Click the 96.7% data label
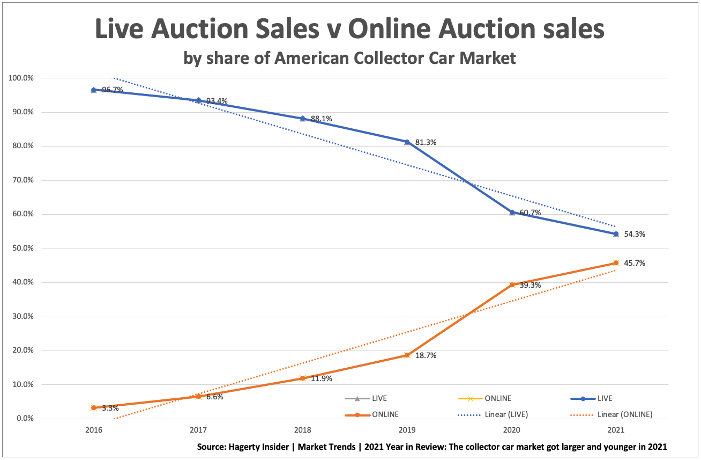[113, 90]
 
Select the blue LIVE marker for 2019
[407, 142]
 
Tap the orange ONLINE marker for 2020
[512, 284]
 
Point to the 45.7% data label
[635, 264]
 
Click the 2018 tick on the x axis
[302, 430]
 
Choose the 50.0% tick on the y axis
[22, 249]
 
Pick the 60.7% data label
[530, 213]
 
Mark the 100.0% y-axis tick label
[20, 78]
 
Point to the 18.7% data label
[426, 355]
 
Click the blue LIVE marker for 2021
[616, 234]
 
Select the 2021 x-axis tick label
[616, 430]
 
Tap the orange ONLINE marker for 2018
[302, 378]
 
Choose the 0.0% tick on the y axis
[24, 419]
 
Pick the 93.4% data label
[217, 101]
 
